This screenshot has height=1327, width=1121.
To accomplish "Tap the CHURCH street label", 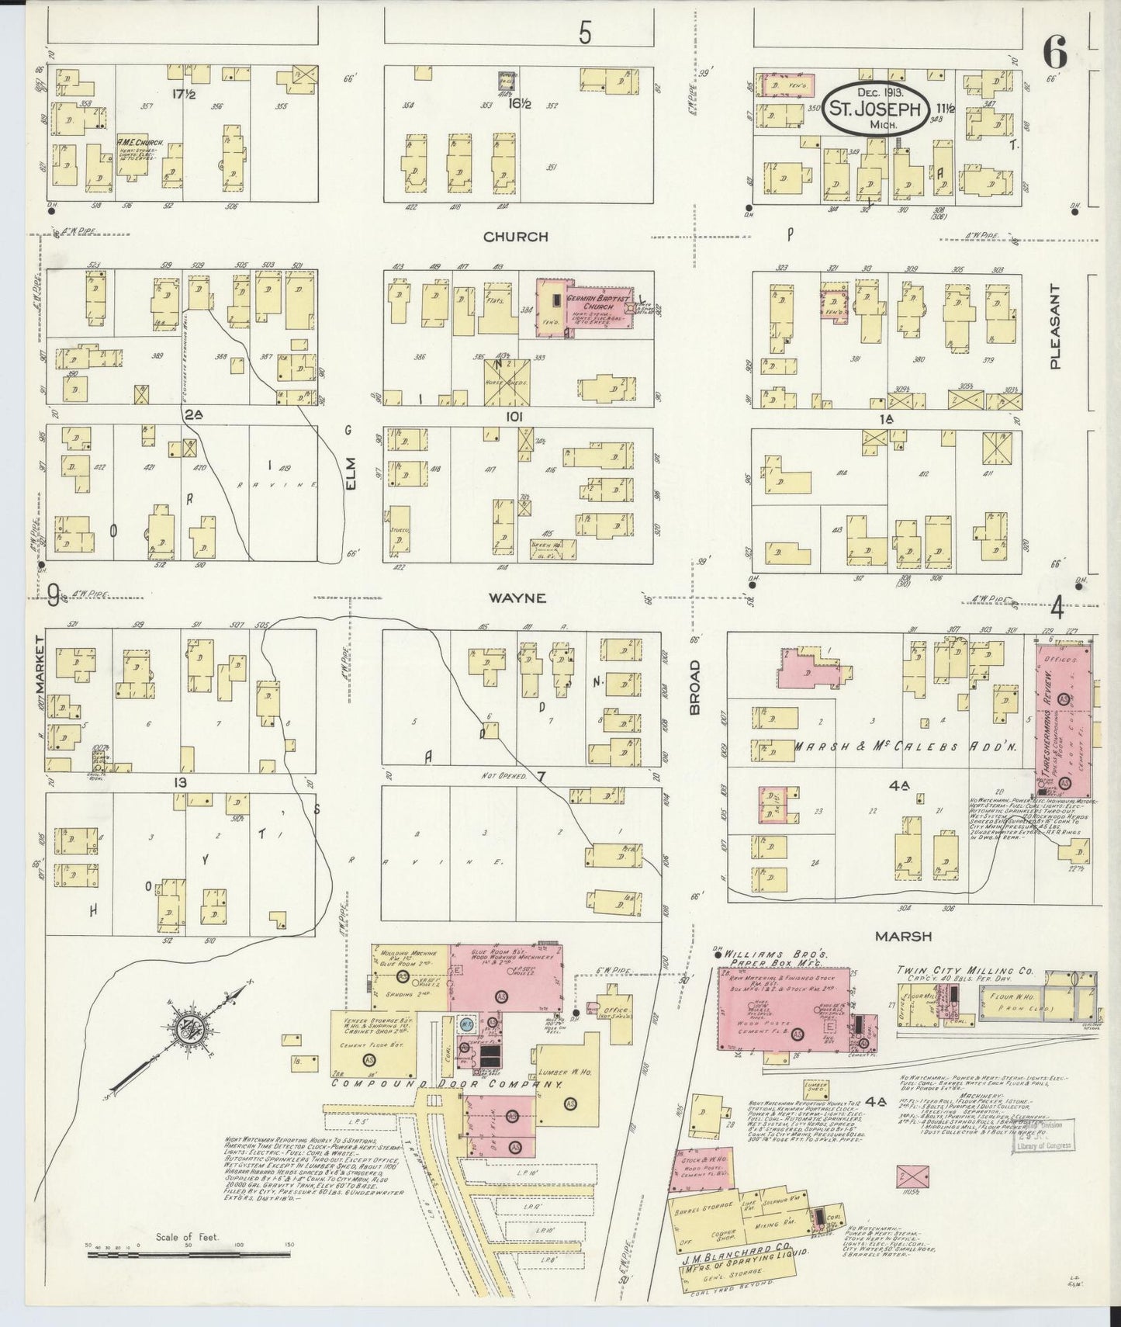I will click(x=515, y=237).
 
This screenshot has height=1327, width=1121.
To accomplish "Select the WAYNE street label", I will click(x=517, y=598).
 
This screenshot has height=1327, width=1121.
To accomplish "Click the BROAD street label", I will click(x=695, y=688).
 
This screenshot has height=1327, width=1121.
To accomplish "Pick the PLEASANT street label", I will click(x=1054, y=327).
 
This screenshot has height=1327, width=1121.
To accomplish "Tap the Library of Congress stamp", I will click(x=1043, y=1135).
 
